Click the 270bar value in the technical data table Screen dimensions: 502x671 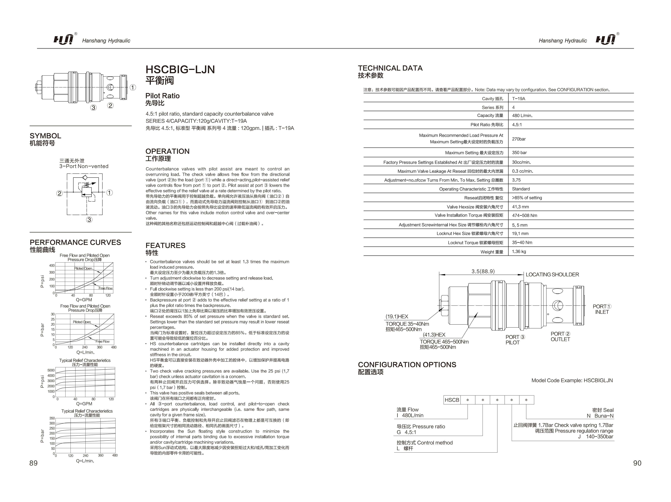tap(519, 139)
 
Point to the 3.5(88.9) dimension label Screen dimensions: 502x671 tap(483, 271)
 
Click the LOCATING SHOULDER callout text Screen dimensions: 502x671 tap(552, 275)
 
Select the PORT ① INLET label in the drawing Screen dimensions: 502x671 tap(602, 309)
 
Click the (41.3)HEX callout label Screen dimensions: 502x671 tap(434, 335)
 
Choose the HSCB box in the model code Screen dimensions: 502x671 tap(452, 400)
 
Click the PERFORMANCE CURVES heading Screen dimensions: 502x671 tap(75, 242)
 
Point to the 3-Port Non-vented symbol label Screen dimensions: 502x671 tap(84, 166)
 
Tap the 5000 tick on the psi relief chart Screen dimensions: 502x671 tap(51, 370)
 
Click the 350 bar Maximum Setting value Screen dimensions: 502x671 tap(519, 153)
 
